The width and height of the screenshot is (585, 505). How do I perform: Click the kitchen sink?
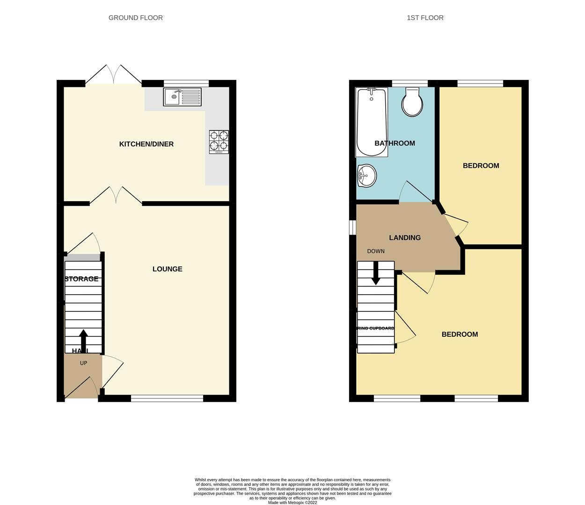coord(182,97)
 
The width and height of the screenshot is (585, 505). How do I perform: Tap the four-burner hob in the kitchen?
coord(219,142)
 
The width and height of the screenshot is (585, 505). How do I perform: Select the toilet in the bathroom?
coord(412,102)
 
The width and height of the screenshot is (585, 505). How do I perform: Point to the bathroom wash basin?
coord(366,176)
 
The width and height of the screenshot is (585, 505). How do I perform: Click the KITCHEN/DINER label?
coord(146,144)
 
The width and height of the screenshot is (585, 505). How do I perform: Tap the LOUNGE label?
coord(168,269)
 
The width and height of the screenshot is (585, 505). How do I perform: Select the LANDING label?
coord(405,238)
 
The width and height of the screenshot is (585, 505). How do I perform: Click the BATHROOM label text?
coord(395,143)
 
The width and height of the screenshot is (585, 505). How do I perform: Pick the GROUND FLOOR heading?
coord(136,18)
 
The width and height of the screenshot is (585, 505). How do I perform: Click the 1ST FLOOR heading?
coord(425,18)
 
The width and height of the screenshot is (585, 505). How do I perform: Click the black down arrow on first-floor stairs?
coord(375,274)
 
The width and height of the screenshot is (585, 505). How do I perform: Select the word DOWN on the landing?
coord(376,251)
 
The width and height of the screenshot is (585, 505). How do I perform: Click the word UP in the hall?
coord(83,363)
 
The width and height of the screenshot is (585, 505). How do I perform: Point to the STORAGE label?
coord(81,279)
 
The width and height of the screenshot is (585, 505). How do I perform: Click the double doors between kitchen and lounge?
coord(116,196)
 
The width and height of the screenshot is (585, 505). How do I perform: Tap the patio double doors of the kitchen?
coord(114,75)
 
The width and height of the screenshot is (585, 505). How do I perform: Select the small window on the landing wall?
coord(353,227)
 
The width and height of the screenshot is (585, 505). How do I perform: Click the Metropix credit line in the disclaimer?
coord(292,503)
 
